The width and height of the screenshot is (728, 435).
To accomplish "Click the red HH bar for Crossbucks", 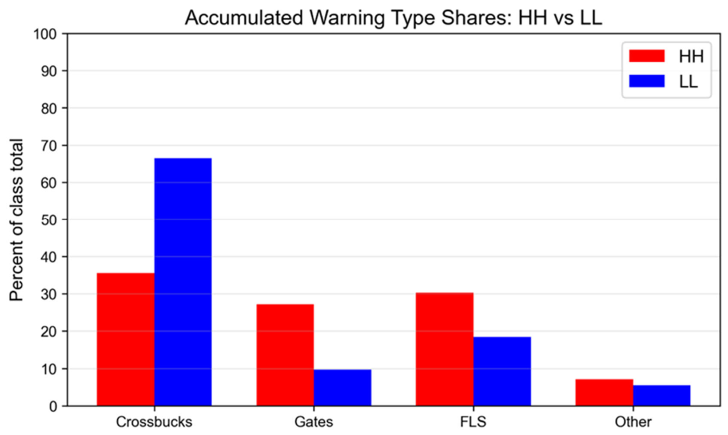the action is click(x=125, y=339).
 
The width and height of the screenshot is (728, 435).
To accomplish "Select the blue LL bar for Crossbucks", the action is click(x=183, y=282).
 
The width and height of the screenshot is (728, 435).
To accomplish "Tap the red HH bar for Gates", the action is click(x=285, y=355).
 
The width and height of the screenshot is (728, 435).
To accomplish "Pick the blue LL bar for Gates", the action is click(x=342, y=387).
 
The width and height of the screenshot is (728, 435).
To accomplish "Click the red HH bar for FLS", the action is click(x=445, y=349).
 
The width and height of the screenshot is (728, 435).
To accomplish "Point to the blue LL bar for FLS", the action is click(x=502, y=371).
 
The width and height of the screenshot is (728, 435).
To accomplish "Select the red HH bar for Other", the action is click(x=605, y=392).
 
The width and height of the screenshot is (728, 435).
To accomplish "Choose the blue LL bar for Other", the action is click(x=661, y=396).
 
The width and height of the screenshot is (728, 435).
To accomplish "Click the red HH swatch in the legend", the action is click(x=647, y=56).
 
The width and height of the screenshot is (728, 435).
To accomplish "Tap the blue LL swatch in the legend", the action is click(x=647, y=81).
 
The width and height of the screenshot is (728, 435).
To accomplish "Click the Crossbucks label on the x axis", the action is click(x=154, y=422).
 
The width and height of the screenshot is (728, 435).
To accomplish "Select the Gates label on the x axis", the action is click(x=314, y=422).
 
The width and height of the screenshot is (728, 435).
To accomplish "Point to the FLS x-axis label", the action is click(x=473, y=422).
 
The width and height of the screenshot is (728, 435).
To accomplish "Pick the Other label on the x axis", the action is click(x=633, y=422).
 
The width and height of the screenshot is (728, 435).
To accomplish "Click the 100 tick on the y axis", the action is click(x=45, y=34).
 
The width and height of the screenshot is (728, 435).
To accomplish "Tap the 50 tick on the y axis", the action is click(x=49, y=220).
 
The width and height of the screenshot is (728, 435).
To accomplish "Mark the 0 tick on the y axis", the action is click(x=53, y=406).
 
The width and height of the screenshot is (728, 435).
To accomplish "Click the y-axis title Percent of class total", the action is click(x=17, y=220).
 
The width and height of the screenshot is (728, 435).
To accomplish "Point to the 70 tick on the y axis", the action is click(x=49, y=145).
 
